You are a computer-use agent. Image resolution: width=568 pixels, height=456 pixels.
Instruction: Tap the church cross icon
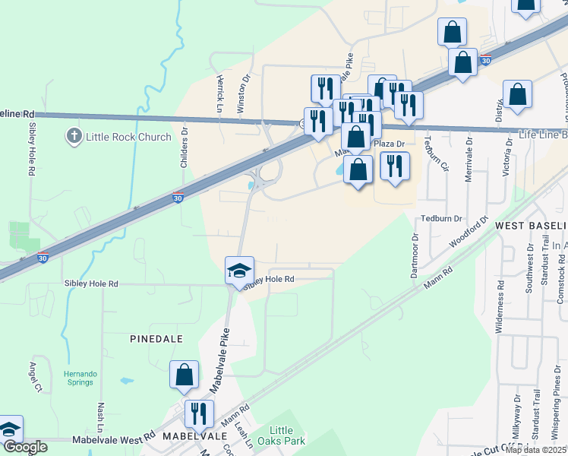point(74,137)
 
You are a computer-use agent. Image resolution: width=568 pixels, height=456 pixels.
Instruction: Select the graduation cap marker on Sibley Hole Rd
point(239,271)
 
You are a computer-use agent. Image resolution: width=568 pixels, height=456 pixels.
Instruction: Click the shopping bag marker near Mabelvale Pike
point(185,375)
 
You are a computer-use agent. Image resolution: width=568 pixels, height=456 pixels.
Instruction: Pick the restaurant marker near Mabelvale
point(199,414)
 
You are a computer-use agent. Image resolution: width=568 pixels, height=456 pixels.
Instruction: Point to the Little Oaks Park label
point(288,435)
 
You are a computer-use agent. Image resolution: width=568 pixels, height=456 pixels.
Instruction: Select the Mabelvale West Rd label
point(113,439)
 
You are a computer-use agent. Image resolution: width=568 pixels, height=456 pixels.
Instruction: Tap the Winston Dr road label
point(245,93)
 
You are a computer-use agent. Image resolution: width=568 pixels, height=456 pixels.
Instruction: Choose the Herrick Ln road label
point(220,90)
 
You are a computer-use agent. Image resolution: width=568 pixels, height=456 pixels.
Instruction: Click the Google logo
point(24,446)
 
